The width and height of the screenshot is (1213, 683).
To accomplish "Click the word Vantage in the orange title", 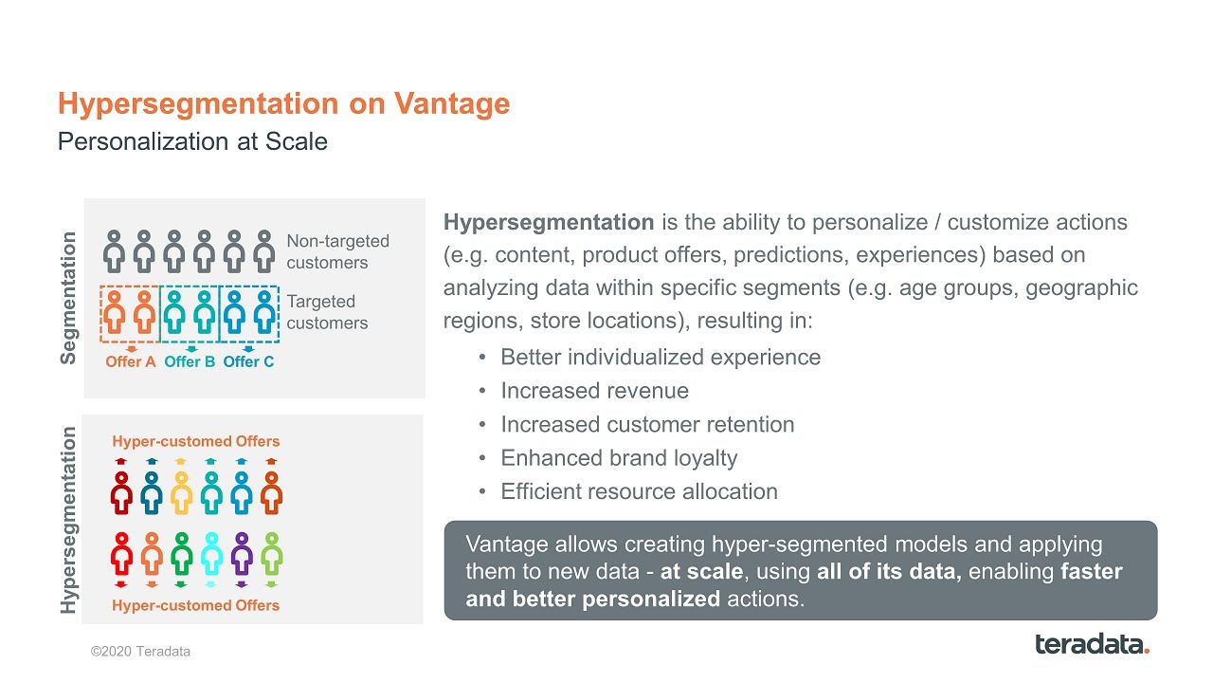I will coord(452,103).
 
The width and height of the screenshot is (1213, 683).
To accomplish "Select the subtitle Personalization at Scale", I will coord(192,142).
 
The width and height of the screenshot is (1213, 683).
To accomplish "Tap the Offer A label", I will coord(130,361).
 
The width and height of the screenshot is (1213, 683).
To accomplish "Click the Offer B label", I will coord(190,361).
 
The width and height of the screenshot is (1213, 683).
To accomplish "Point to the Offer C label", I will coord(248,361).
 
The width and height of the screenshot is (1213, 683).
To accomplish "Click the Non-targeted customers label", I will coord(337,252).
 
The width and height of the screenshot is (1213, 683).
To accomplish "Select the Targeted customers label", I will coord(327,312).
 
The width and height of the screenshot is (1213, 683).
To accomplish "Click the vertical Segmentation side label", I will coord(69,298).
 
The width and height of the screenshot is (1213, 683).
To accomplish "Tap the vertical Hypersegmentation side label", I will coord(69,520).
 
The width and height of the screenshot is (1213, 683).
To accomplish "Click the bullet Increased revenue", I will coord(594,391).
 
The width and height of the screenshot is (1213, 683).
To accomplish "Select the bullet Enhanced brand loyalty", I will coord(619,458).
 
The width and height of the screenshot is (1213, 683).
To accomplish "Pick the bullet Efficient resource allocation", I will coord(639,491).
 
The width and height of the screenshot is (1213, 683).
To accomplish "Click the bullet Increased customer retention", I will coord(647,424).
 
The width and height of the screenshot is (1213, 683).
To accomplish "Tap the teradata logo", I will coord(1092,645).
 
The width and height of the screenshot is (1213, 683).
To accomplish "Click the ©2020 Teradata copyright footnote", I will coord(140,652).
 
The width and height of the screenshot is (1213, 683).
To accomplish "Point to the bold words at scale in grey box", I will coord(701,572).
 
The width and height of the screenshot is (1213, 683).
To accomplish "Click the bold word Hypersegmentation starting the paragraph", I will coord(549,223).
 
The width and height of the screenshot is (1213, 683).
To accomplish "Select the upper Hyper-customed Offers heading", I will coord(196,441).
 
